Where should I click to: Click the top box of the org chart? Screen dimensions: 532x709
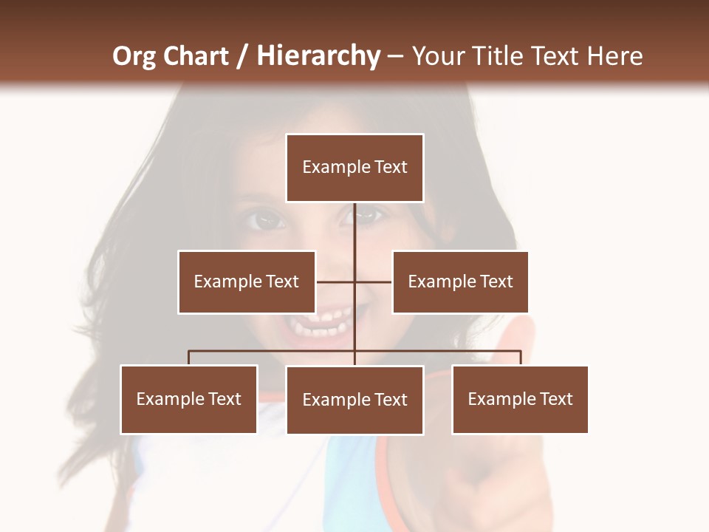click(x=354, y=168)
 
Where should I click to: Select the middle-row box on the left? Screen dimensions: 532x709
click(x=247, y=282)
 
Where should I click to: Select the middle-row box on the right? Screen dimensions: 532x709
click(x=460, y=282)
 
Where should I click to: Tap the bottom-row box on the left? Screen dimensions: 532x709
click(x=189, y=399)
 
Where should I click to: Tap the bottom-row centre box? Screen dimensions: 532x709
click(x=354, y=400)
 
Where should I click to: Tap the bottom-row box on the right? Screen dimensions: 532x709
click(x=520, y=399)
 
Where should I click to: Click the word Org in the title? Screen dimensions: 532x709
click(x=134, y=57)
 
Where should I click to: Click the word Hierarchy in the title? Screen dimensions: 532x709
click(x=318, y=57)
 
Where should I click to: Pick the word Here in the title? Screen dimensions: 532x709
click(x=614, y=57)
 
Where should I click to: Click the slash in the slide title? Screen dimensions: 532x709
click(x=242, y=57)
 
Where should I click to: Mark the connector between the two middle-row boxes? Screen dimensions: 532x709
click(x=354, y=282)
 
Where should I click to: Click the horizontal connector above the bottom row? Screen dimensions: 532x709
click(x=273, y=351)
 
